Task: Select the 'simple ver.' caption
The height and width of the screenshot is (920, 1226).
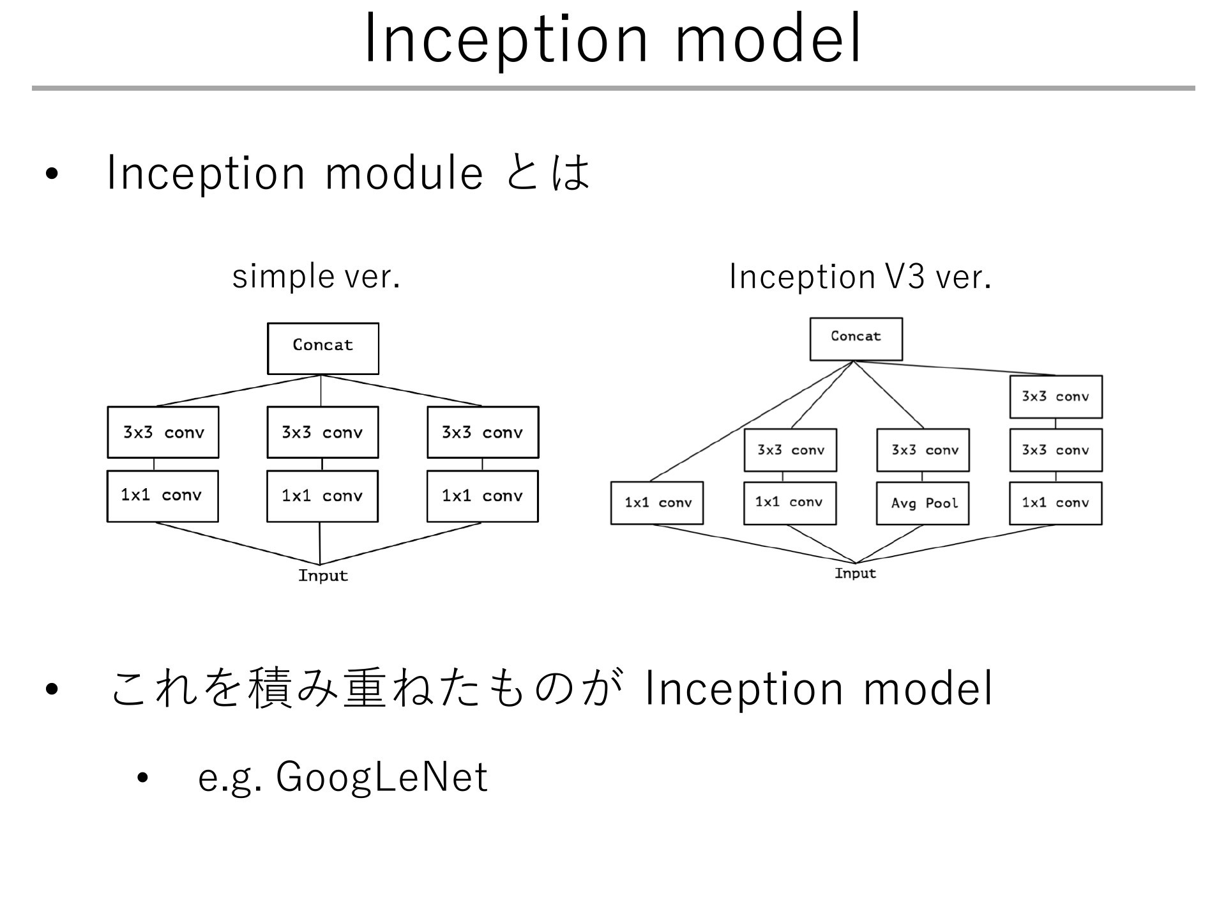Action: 316,277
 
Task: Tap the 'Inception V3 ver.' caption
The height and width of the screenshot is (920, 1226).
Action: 860,277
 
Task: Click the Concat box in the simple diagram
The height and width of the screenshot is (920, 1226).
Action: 323,348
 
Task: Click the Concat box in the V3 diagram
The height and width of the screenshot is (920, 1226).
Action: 856,339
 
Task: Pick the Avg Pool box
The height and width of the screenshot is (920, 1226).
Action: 923,503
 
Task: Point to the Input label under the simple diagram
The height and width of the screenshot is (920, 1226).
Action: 323,576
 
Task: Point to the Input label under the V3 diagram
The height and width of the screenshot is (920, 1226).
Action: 856,573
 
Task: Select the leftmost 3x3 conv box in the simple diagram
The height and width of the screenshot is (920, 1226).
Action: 163,433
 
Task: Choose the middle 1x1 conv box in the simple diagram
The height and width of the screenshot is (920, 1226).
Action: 322,496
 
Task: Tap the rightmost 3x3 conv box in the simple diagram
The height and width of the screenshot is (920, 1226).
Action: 483,433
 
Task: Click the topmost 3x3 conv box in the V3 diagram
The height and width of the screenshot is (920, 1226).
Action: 1056,397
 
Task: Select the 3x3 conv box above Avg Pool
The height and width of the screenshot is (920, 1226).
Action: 923,450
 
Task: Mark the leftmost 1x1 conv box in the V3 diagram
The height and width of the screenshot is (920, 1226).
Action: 657,503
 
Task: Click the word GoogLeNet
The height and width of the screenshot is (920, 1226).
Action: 382,778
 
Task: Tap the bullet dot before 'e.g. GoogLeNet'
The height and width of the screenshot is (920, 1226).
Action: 142,778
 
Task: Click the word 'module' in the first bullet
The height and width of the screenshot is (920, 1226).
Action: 404,174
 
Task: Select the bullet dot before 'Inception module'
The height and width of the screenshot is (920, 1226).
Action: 52,174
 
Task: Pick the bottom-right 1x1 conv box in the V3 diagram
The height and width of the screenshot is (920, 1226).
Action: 1056,503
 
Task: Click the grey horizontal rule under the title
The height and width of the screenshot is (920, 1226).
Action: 613,88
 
